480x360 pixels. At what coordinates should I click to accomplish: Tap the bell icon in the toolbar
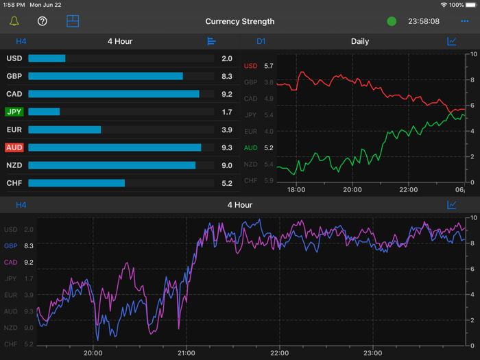14,21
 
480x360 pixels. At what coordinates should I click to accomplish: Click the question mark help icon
43,21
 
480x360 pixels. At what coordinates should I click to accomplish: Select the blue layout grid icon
73,21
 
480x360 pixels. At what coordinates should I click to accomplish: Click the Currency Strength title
240,21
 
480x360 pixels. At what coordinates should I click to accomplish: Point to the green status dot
392,21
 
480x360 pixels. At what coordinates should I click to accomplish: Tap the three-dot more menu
465,21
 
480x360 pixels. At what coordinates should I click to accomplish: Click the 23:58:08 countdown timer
424,21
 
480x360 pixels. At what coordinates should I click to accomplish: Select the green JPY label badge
14,112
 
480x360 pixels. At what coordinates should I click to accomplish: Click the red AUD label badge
14,147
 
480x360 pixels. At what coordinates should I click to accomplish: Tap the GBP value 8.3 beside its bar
227,76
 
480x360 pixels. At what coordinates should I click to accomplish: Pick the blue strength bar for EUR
64,130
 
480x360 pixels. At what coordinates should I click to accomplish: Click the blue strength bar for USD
47,58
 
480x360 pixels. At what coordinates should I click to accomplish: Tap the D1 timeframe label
261,41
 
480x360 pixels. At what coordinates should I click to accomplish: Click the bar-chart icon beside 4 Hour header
211,41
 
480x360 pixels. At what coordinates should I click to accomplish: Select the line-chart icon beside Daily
452,41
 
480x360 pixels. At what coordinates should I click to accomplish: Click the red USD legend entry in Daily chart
251,66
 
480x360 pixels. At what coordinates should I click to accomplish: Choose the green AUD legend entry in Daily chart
251,147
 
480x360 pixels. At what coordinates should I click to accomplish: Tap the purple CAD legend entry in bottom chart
11,262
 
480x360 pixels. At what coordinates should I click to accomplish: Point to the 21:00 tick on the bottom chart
186,353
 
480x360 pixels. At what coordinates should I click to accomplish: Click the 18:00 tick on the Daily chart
296,189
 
